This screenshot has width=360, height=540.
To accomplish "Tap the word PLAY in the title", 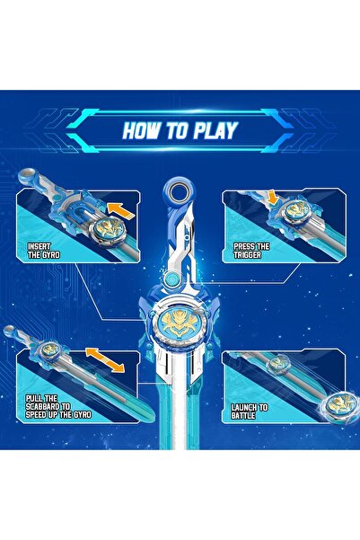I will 216,131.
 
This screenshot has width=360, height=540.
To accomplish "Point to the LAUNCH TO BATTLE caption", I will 249,412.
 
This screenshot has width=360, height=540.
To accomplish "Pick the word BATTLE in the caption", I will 247,417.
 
